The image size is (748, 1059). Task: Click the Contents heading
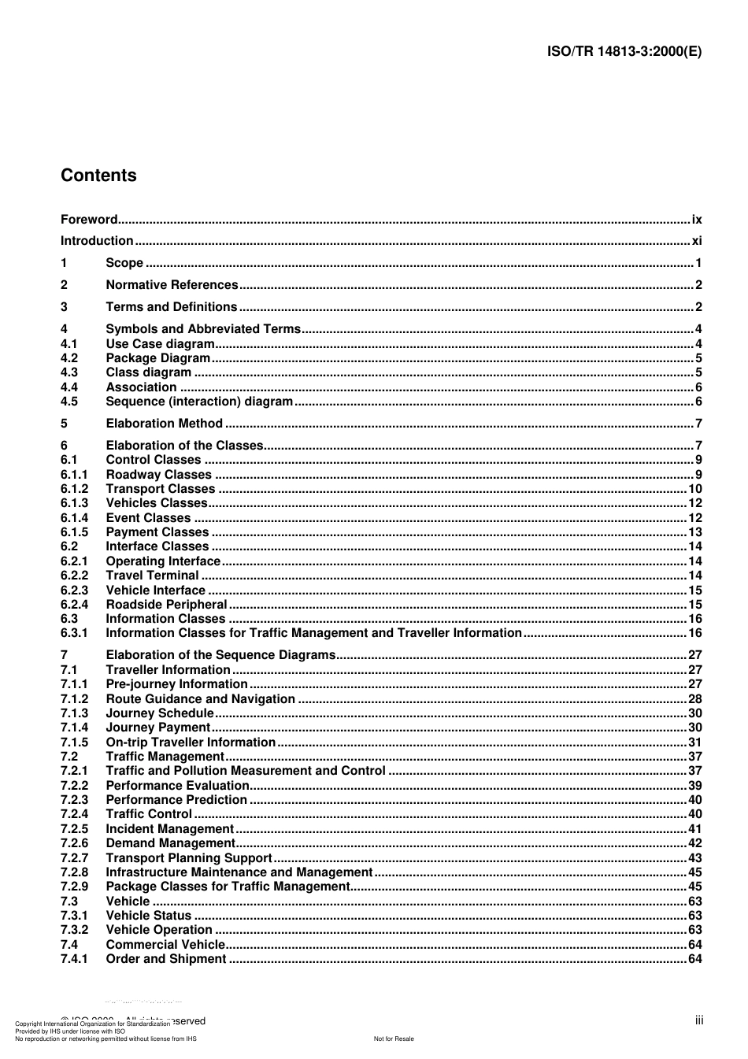98,176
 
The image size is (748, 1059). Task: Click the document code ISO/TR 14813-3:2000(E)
624,52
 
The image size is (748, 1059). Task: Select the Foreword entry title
89,220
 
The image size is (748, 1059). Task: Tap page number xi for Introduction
697,241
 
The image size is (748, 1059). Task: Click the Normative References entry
172,285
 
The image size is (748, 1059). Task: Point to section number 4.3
69,372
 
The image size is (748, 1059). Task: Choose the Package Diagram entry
157,358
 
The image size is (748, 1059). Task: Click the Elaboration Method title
164,424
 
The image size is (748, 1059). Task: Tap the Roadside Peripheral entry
166,605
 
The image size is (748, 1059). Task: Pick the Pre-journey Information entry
176,684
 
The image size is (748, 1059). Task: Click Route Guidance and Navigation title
200,699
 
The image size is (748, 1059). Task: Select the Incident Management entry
169,829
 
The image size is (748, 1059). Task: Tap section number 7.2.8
75,872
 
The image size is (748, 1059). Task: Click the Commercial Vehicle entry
165,945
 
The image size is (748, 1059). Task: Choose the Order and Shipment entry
166,959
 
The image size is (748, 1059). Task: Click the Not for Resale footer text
394,1039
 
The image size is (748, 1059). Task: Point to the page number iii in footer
699,1020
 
